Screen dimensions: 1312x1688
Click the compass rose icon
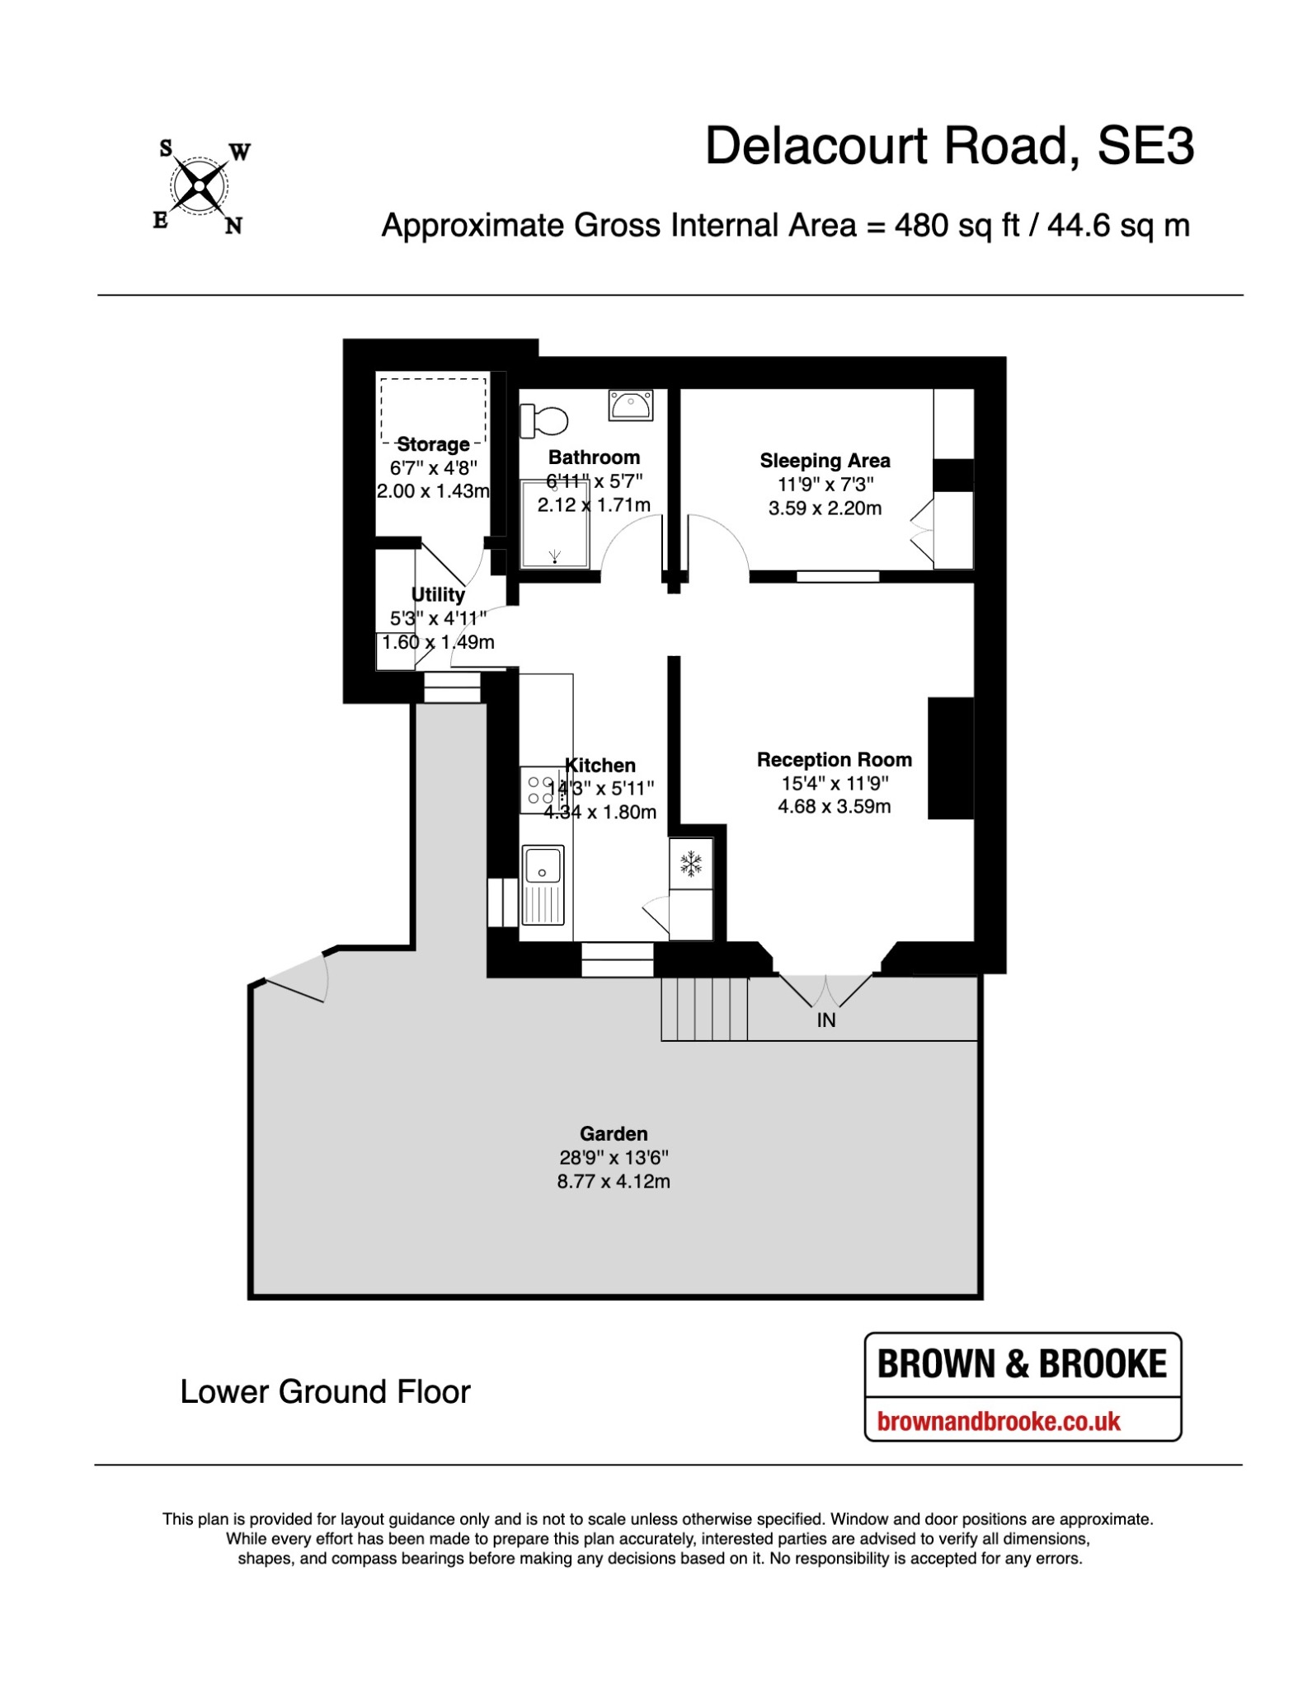click(x=200, y=188)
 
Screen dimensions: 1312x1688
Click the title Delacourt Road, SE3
click(x=949, y=147)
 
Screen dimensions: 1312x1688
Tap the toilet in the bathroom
click(x=543, y=420)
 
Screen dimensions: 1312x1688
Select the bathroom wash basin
click(x=631, y=405)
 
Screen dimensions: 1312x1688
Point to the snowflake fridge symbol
click(x=691, y=864)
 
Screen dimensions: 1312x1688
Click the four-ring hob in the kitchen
click(x=541, y=790)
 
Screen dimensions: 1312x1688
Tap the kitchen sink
click(x=543, y=884)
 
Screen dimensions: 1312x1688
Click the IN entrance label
click(x=826, y=1020)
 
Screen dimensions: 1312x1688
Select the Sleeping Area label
click(x=825, y=461)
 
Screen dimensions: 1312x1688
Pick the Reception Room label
click(x=835, y=760)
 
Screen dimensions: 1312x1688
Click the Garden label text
click(x=614, y=1134)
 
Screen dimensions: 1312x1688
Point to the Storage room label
click(x=433, y=444)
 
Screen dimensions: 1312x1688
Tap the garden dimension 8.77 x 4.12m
click(x=614, y=1181)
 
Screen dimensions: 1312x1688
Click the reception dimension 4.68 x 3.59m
click(x=835, y=806)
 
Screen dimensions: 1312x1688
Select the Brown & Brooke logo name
click(x=1023, y=1364)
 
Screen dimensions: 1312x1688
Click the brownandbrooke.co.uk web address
click(x=999, y=1421)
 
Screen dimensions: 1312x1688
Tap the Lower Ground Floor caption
click(x=325, y=1392)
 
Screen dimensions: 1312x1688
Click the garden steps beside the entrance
click(x=704, y=1009)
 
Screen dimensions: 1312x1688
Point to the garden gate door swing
click(x=298, y=978)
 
